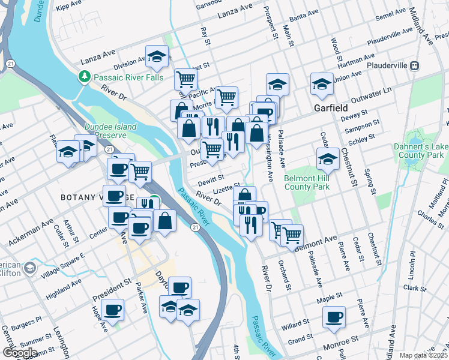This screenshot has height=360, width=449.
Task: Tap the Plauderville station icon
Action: click(x=414, y=65)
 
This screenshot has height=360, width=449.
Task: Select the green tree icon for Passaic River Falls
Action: click(x=85, y=77)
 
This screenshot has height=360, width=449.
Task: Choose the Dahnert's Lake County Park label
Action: click(x=420, y=151)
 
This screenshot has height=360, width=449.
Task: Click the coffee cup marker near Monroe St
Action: click(x=334, y=317)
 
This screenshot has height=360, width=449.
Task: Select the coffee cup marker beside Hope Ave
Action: click(x=112, y=310)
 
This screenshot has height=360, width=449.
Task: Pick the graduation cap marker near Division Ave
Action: click(x=157, y=58)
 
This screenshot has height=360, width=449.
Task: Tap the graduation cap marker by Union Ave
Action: click(x=322, y=84)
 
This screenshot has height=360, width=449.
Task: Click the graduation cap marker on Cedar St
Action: click(x=328, y=159)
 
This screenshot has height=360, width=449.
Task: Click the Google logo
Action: click(x=20, y=352)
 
